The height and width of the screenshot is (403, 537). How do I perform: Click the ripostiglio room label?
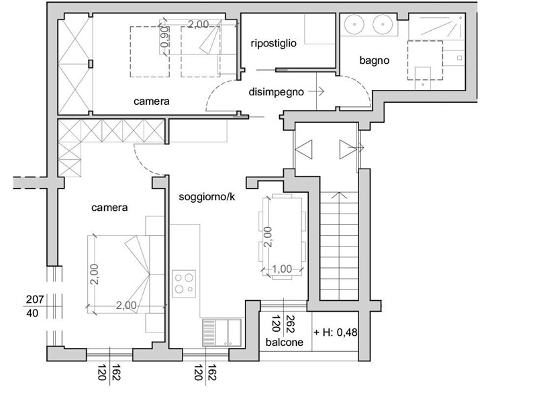273,44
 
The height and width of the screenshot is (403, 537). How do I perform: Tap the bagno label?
375,60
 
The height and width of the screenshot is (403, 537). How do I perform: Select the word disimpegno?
276,92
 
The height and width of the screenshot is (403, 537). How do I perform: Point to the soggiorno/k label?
207,197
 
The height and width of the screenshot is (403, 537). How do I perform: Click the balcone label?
284,342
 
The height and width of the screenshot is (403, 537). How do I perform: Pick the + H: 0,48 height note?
336,332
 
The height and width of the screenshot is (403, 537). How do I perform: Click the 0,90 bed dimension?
164,37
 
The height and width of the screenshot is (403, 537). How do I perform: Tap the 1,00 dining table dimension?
282,269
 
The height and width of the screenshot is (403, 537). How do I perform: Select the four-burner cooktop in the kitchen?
184,283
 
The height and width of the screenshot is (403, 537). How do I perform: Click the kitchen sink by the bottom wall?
222,332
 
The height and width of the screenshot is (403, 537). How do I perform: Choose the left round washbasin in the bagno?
354,24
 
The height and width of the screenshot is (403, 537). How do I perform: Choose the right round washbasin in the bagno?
383,24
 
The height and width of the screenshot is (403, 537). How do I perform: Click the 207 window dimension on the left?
35,300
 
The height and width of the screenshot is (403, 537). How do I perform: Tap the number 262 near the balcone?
290,324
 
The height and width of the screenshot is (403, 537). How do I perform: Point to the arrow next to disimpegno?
315,91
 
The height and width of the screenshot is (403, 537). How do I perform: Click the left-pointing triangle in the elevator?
304,149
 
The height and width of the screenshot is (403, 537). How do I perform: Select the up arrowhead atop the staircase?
339,195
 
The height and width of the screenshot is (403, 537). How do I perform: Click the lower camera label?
109,208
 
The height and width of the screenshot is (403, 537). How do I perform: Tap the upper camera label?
152,101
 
